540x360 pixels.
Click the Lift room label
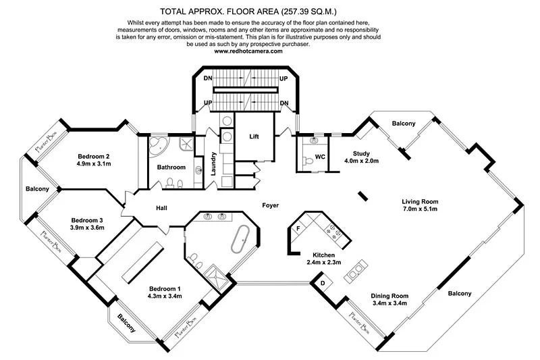254,136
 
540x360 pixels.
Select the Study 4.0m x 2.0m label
362,157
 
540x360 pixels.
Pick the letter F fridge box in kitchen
298,229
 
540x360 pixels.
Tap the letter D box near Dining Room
323,283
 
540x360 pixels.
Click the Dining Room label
390,295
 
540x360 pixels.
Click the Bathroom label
171,167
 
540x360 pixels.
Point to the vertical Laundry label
213,163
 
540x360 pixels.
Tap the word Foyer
271,205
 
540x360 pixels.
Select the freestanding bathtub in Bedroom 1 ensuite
242,240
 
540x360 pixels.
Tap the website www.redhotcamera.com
269,51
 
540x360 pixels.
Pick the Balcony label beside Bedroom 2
38,188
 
